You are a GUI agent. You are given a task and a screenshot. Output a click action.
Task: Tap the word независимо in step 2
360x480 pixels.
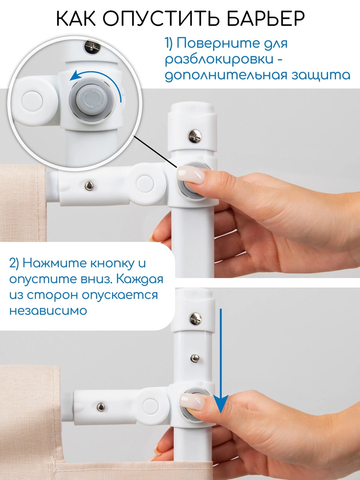[48, 310]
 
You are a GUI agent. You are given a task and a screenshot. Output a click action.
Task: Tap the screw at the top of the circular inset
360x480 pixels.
[91, 46]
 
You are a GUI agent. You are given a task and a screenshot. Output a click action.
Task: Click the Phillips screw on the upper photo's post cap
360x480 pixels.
[195, 136]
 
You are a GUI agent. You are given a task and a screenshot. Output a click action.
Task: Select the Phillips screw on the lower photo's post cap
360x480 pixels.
[195, 318]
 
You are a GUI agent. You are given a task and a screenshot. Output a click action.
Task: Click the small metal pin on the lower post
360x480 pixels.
[194, 357]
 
